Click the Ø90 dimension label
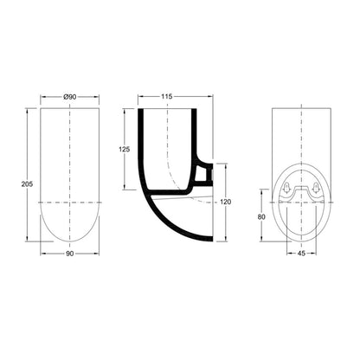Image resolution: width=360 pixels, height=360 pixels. (70, 97)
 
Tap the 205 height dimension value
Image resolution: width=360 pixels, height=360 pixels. (27, 184)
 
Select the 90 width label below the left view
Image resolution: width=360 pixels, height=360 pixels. (70, 254)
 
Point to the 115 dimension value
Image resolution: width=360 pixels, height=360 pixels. (166, 96)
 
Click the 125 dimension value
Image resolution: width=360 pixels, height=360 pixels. (125, 150)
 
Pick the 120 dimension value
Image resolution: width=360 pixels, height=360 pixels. (225, 202)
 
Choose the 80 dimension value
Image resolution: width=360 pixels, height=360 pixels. (261, 217)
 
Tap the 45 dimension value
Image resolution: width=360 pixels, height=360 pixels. (301, 254)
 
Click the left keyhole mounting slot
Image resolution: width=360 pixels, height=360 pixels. (287, 188)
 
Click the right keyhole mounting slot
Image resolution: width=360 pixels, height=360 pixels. (316, 188)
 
